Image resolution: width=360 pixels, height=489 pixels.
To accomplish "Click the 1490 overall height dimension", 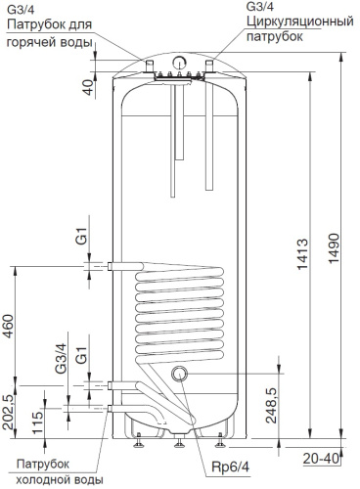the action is [335, 248].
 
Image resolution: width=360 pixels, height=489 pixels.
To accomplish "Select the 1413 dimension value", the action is [302, 254].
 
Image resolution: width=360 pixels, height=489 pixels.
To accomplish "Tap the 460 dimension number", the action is [8, 327].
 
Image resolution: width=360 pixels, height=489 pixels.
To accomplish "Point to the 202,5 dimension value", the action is [8, 413].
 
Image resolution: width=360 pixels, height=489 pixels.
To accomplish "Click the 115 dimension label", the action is [37, 422].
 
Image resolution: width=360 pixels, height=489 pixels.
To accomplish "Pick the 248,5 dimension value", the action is [271, 405].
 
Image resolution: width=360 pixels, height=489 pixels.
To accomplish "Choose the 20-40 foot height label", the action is [321, 459].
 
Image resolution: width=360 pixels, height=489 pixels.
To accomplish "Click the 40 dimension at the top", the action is [88, 87].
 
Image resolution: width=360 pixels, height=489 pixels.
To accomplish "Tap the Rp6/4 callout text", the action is [230, 467].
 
